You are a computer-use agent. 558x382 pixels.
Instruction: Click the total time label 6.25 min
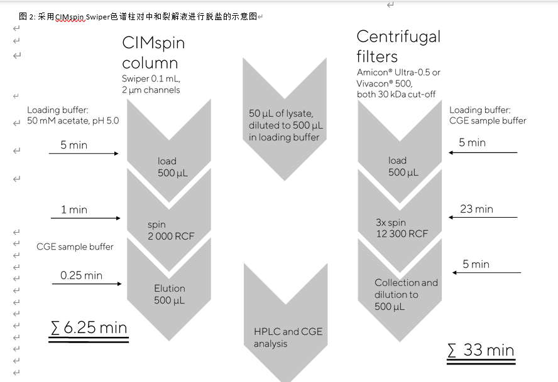tap(89, 327)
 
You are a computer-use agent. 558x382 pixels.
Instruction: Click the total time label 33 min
tap(481, 350)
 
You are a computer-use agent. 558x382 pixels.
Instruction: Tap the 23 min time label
tap(476, 209)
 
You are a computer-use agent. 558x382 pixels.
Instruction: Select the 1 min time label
tap(74, 210)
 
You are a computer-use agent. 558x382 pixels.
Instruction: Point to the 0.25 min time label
tap(81, 275)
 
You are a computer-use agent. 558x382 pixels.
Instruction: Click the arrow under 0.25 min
tap(87, 284)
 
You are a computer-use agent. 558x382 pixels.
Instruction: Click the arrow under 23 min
tap(483, 218)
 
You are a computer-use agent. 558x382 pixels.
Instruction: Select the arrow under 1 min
tap(85, 218)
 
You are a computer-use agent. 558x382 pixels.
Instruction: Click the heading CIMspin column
tap(153, 53)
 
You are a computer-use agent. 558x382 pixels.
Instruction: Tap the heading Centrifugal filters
tap(398, 46)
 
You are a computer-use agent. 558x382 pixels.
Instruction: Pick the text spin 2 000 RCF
tap(165, 230)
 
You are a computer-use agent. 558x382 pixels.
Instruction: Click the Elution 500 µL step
tap(170, 294)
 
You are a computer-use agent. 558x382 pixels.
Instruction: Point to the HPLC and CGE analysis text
tap(288, 337)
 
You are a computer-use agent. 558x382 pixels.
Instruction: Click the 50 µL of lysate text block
tap(284, 125)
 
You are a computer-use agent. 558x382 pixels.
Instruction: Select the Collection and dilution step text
tap(406, 294)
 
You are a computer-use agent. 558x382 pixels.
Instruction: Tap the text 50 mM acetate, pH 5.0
tap(72, 120)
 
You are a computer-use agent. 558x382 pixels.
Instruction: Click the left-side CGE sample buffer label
tap(75, 247)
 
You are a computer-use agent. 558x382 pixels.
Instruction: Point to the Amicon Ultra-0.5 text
tap(398, 72)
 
